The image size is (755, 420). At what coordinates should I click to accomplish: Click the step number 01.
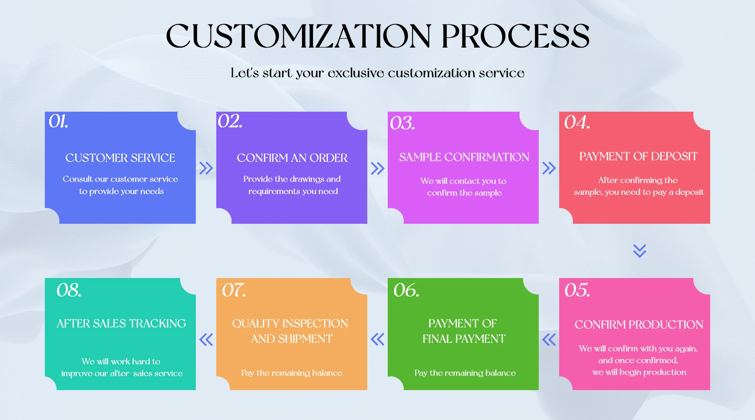click(58, 121)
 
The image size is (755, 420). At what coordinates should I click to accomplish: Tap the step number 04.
click(577, 122)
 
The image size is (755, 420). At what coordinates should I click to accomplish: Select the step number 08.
click(69, 290)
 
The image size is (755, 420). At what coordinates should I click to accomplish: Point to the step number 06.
click(406, 290)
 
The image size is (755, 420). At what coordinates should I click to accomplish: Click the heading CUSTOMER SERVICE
click(120, 158)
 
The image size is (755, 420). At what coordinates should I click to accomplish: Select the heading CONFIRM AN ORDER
click(292, 158)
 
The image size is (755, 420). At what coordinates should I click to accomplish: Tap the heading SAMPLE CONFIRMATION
click(464, 157)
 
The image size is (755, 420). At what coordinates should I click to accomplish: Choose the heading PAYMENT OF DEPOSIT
click(638, 156)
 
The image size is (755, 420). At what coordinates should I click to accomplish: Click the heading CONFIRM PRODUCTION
click(639, 324)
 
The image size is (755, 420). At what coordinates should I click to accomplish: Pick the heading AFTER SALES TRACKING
click(121, 323)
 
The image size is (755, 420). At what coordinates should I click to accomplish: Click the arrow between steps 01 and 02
click(206, 168)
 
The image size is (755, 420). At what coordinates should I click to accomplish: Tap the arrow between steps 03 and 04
click(549, 168)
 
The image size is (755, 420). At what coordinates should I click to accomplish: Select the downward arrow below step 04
click(640, 251)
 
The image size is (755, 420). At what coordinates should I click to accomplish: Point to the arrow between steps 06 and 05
click(549, 339)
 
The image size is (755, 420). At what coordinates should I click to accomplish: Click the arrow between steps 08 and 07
click(206, 339)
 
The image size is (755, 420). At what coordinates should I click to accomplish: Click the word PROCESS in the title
click(515, 36)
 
